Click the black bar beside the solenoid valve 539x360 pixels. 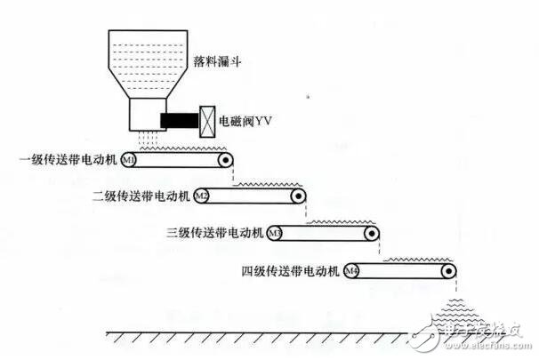pyautogui.click(x=180, y=118)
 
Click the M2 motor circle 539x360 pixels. pyautogui.click(x=202, y=196)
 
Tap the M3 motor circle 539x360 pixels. pyautogui.click(x=276, y=233)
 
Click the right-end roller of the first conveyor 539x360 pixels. pyautogui.click(x=227, y=161)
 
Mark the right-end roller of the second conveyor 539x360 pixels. pyautogui.click(x=300, y=196)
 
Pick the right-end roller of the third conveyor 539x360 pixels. pyautogui.click(x=374, y=233)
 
